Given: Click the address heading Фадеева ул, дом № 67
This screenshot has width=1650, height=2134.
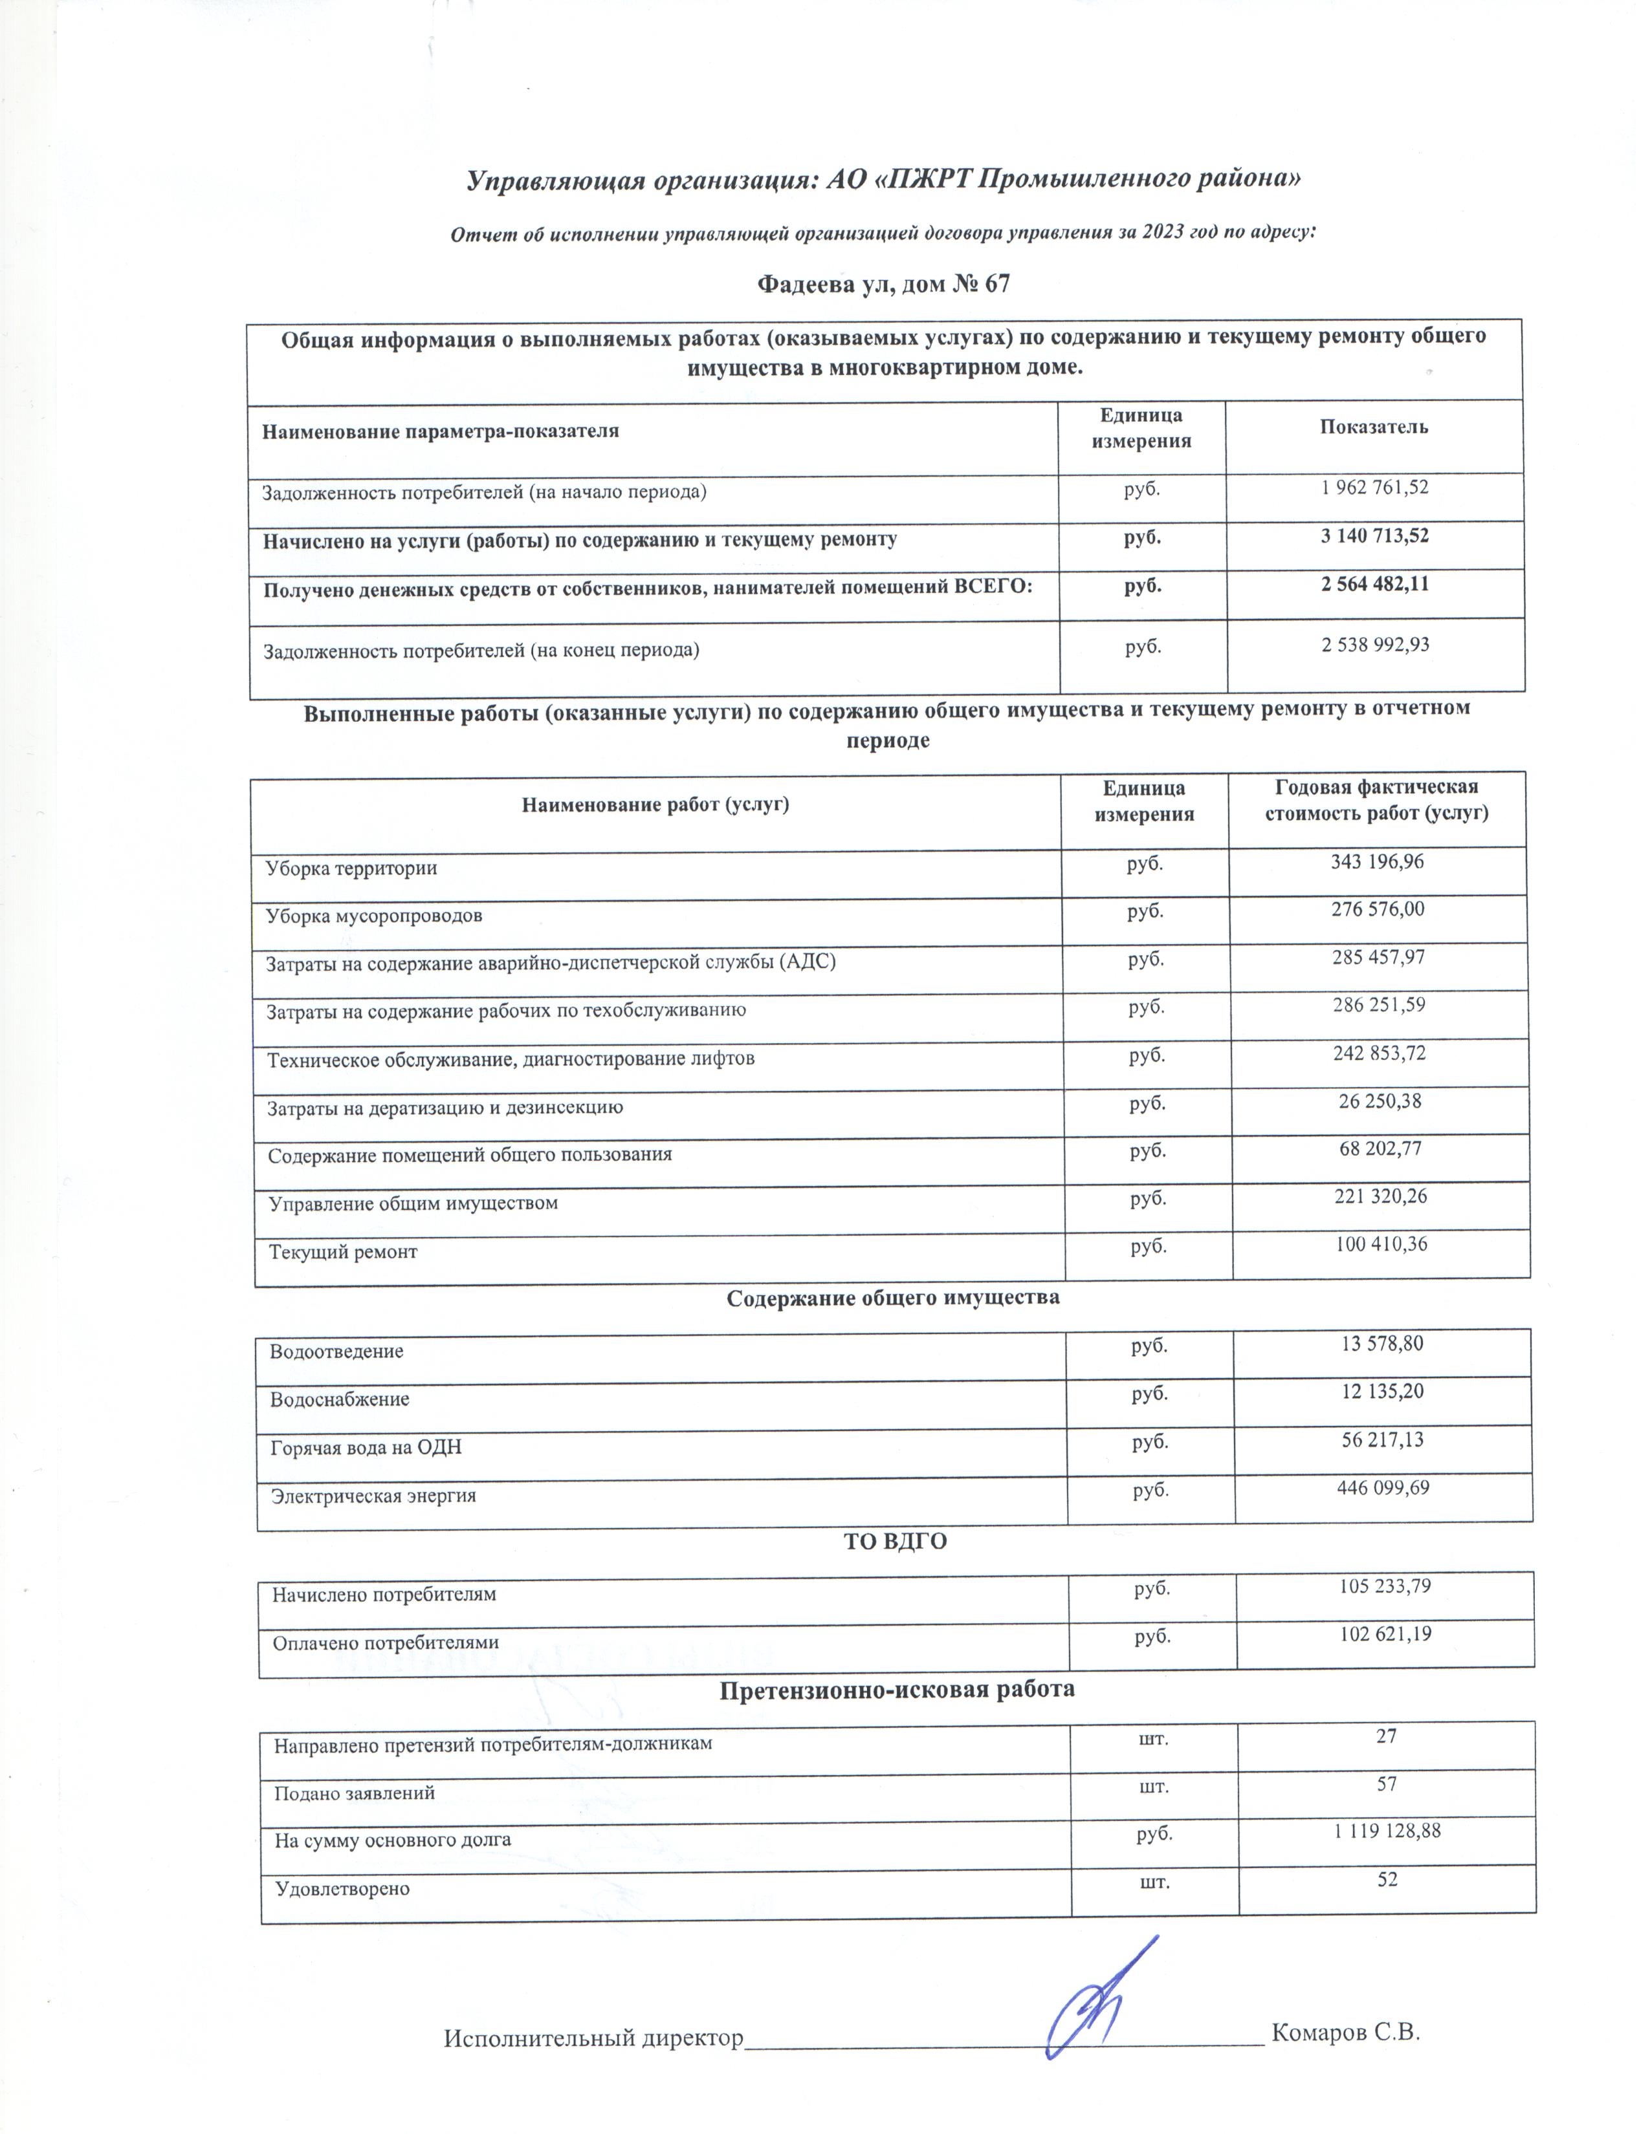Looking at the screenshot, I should pyautogui.click(x=884, y=285).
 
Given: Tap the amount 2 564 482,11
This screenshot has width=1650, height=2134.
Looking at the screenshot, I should pyautogui.click(x=1374, y=585).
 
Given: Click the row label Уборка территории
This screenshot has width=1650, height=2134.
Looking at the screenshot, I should pyautogui.click(x=351, y=868).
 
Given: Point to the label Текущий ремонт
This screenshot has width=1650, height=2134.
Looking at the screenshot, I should pyautogui.click(x=343, y=1252).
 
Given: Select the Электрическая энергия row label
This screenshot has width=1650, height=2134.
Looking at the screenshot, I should pyautogui.click(x=373, y=1496).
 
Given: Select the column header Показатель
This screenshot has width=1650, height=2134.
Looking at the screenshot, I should pyautogui.click(x=1373, y=427).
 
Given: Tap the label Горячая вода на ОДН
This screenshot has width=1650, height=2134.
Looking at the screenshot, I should pyautogui.click(x=366, y=1447).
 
